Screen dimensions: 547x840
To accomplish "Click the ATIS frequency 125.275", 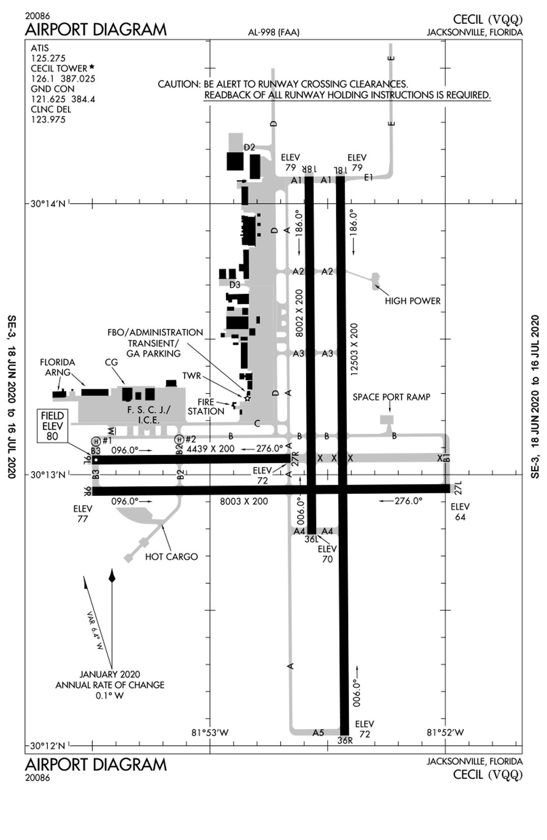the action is [x=48, y=58].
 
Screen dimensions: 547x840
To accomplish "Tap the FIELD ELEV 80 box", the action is [x=52, y=426].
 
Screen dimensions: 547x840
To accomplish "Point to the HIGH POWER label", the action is [x=412, y=301].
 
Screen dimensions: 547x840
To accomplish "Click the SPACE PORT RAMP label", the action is [x=391, y=397].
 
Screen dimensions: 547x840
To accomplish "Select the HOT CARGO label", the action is [x=171, y=556].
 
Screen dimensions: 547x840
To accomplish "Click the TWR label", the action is [x=192, y=376].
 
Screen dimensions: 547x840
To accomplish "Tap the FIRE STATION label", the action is [x=206, y=406].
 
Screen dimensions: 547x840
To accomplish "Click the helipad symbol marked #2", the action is [x=180, y=439].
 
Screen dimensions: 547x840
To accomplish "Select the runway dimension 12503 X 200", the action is [x=354, y=350].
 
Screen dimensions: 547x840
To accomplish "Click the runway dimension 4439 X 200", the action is [x=211, y=449].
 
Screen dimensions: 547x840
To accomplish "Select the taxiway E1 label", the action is [x=369, y=177].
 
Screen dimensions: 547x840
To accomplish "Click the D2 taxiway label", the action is [x=249, y=147].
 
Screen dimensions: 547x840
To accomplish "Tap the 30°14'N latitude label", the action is [x=48, y=204].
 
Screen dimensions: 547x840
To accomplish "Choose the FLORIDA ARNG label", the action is [x=57, y=367].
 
